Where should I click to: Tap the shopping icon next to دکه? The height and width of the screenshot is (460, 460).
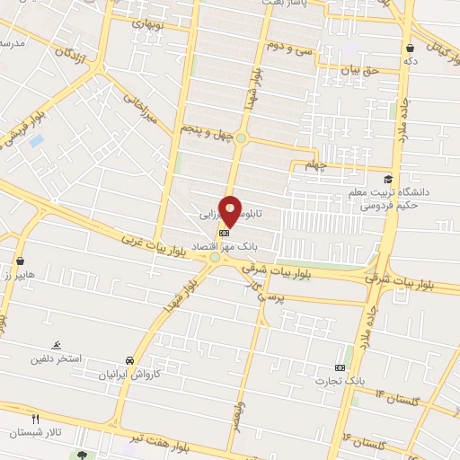(x=411, y=48)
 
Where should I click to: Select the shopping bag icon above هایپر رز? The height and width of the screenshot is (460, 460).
(x=19, y=261)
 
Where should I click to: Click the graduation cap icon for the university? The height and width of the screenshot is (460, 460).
(x=388, y=179)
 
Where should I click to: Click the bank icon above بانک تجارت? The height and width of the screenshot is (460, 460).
(x=340, y=367)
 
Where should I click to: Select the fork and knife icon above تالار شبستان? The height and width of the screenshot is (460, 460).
(x=36, y=419)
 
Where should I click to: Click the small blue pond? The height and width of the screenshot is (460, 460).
(x=36, y=141)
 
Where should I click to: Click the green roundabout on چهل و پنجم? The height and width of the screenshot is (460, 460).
(x=241, y=137)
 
